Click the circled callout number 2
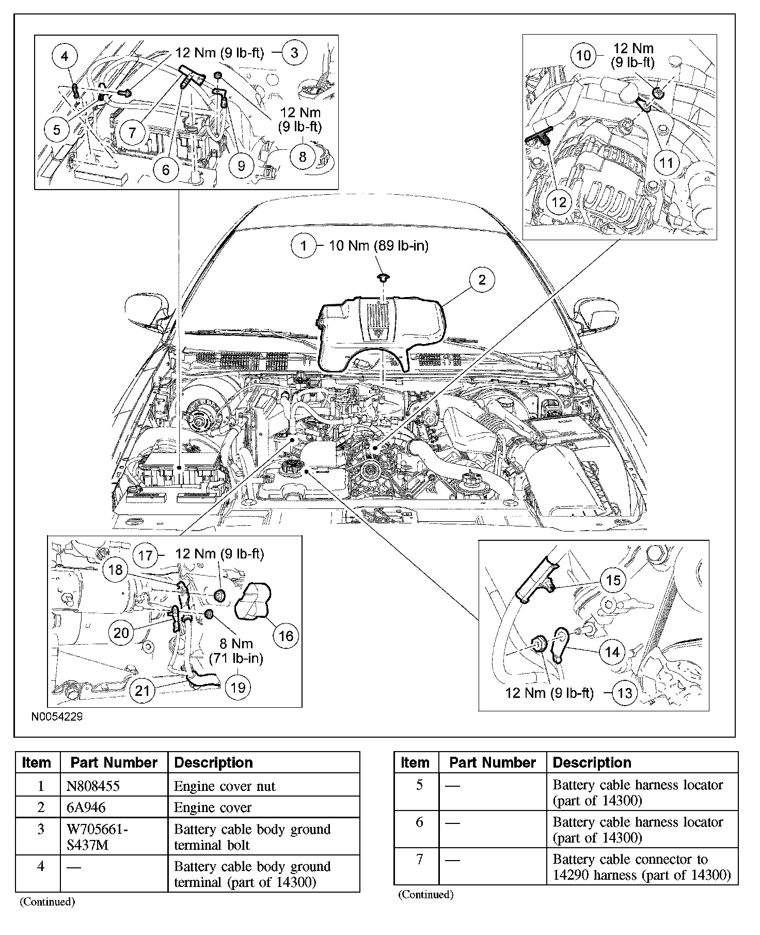pyautogui.click(x=482, y=280)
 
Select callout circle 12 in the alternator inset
pyautogui.click(x=559, y=202)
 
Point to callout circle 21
pyautogui.click(x=142, y=691)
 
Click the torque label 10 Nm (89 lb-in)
pyautogui.click(x=378, y=245)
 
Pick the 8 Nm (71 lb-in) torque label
pyautogui.click(x=236, y=651)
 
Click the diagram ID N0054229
pyautogui.click(x=57, y=717)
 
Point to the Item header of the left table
pyautogui.click(x=37, y=762)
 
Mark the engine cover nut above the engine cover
pyautogui.click(x=383, y=278)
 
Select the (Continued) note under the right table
pyautogui.click(x=425, y=894)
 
